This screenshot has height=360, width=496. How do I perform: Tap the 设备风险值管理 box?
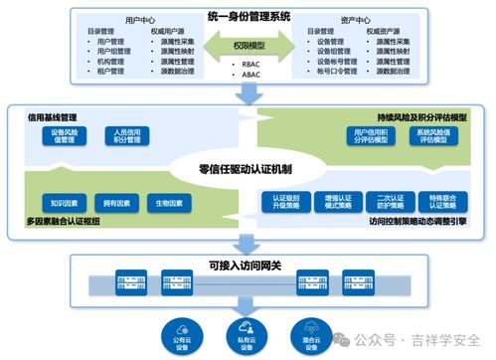pos(65,136)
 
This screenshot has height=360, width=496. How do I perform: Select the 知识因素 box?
pos(59,203)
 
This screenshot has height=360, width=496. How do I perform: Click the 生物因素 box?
pos(169,203)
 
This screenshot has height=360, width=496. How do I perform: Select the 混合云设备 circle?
pos(312,328)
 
